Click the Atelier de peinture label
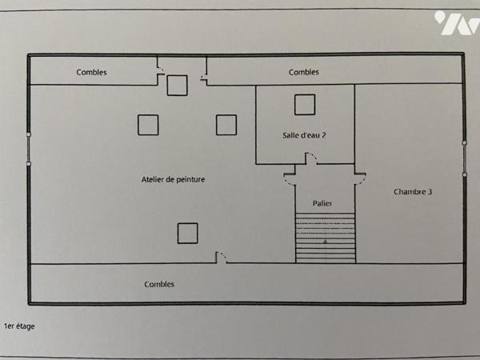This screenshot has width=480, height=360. click(173, 180)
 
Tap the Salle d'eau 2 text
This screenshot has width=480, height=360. click(304, 135)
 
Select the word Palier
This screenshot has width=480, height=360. click(323, 204)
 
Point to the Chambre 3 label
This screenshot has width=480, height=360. click(414, 192)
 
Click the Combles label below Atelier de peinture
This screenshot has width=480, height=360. click(159, 284)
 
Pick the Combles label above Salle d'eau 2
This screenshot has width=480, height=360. click(304, 73)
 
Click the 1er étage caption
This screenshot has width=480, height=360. click(20, 326)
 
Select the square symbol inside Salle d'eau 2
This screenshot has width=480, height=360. click(304, 105)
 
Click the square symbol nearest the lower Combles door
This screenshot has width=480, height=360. click(187, 233)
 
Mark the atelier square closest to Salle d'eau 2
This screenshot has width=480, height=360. click(226, 125)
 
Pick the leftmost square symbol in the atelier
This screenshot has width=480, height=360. click(148, 125)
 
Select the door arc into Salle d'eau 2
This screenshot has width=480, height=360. click(311, 159)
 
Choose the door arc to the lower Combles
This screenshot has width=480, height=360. click(222, 258)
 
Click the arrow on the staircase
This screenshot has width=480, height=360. click(325, 239)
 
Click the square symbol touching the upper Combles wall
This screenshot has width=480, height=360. click(177, 86)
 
